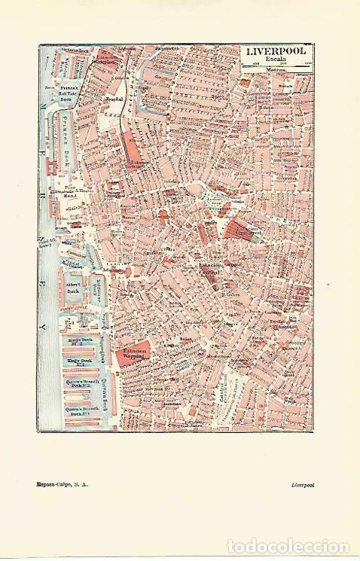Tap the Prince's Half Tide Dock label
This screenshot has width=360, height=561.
point(69,91)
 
